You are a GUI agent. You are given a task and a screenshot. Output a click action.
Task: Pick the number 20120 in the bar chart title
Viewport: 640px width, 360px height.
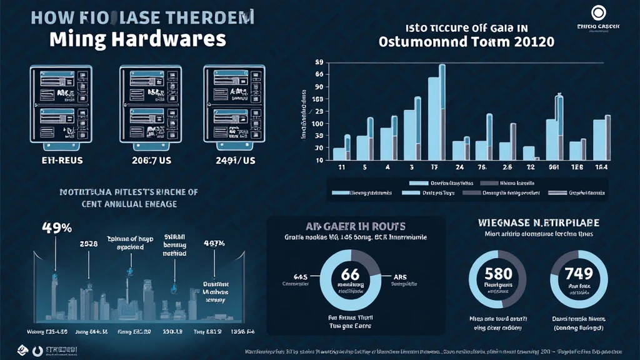pos(529,44)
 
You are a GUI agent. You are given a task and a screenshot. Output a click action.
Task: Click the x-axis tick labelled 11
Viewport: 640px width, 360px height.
pos(342,168)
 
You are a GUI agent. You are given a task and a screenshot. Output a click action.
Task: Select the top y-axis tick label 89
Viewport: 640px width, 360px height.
pos(319,62)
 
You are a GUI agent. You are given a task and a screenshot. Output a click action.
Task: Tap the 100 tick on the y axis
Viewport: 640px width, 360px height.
pos(317,124)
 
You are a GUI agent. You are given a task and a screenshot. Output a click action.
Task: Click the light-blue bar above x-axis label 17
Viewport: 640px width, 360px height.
pos(434,119)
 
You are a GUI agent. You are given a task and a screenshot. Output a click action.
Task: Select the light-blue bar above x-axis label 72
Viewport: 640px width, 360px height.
pos(529,153)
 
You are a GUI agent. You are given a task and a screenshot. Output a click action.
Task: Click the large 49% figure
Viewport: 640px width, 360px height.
pos(57,228)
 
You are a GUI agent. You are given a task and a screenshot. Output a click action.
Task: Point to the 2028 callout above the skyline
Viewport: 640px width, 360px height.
pos(88,244)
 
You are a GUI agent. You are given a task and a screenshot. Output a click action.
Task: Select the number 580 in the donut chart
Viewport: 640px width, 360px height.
pos(499,274)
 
